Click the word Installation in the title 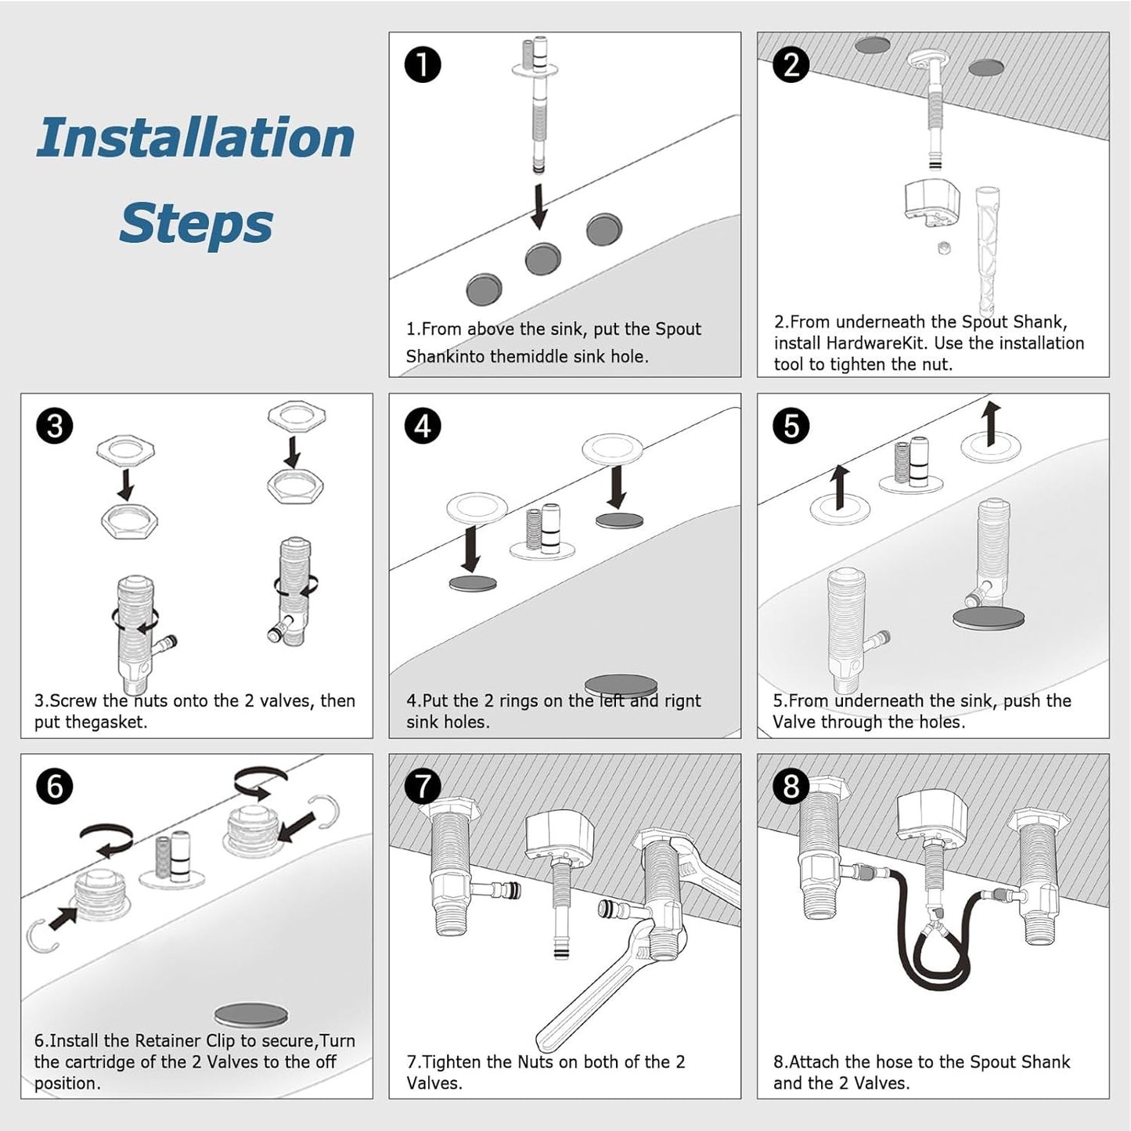coord(196,138)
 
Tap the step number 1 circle coord(423,65)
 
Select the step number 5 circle coord(791,427)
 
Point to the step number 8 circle coord(791,787)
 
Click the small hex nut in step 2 coord(945,248)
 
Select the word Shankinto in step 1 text coord(445,357)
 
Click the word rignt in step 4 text coord(683,701)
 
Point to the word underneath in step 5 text coord(891,701)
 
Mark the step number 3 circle coord(55,427)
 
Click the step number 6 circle coord(55,787)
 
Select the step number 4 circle coord(423,427)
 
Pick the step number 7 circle coord(423,787)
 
